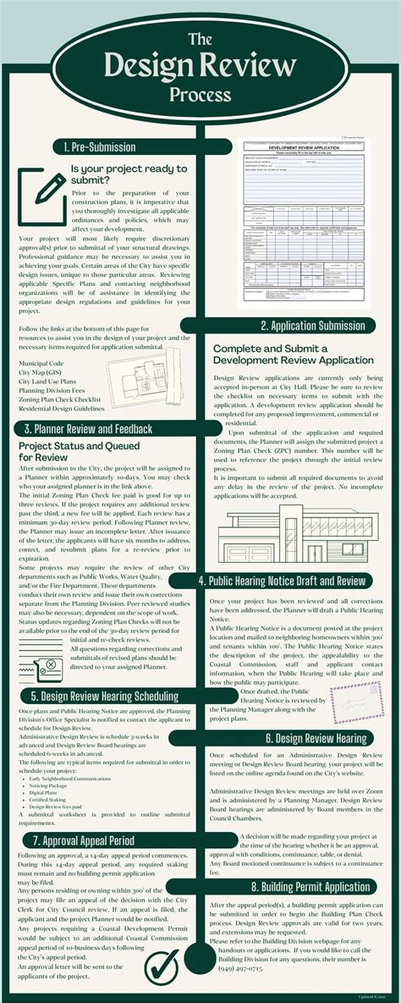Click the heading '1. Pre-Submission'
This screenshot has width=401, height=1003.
[x=100, y=146]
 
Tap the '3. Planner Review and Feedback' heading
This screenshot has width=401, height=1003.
[x=88, y=428]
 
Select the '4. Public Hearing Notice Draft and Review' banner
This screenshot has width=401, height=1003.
[x=282, y=581]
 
